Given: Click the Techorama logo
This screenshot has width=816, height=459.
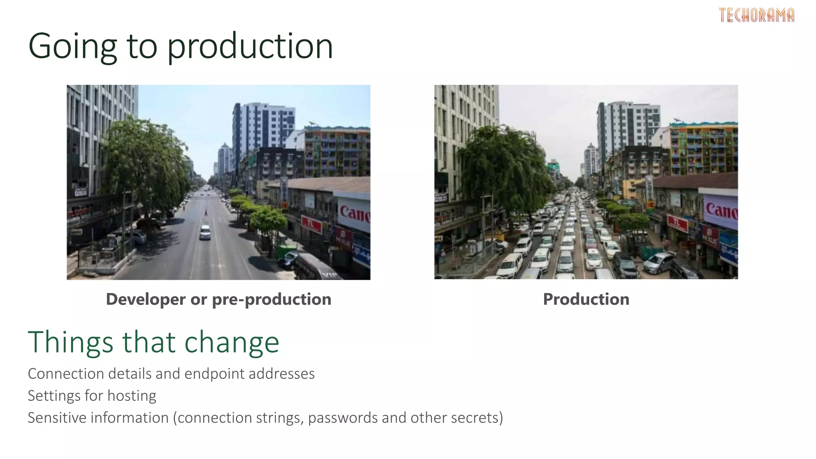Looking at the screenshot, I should click(x=756, y=15).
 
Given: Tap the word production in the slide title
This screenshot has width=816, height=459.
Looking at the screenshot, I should click(x=250, y=47).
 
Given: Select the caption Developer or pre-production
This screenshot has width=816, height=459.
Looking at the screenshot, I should click(x=218, y=299).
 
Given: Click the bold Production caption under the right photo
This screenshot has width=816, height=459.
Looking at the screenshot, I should click(x=586, y=299).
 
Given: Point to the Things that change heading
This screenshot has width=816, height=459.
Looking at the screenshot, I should click(x=153, y=342).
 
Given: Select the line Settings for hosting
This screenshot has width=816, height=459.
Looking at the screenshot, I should click(x=92, y=396).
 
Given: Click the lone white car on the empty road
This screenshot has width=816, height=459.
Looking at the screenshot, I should click(x=205, y=232).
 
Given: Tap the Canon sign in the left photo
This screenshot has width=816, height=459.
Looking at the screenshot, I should click(x=354, y=213).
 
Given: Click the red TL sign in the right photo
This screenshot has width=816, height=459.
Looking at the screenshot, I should click(x=678, y=223).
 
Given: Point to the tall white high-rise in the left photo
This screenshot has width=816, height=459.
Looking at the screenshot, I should click(x=263, y=127).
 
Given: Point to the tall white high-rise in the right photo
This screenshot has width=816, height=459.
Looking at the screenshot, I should click(x=628, y=127).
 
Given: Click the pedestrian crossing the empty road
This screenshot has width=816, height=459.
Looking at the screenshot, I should click(x=206, y=213).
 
